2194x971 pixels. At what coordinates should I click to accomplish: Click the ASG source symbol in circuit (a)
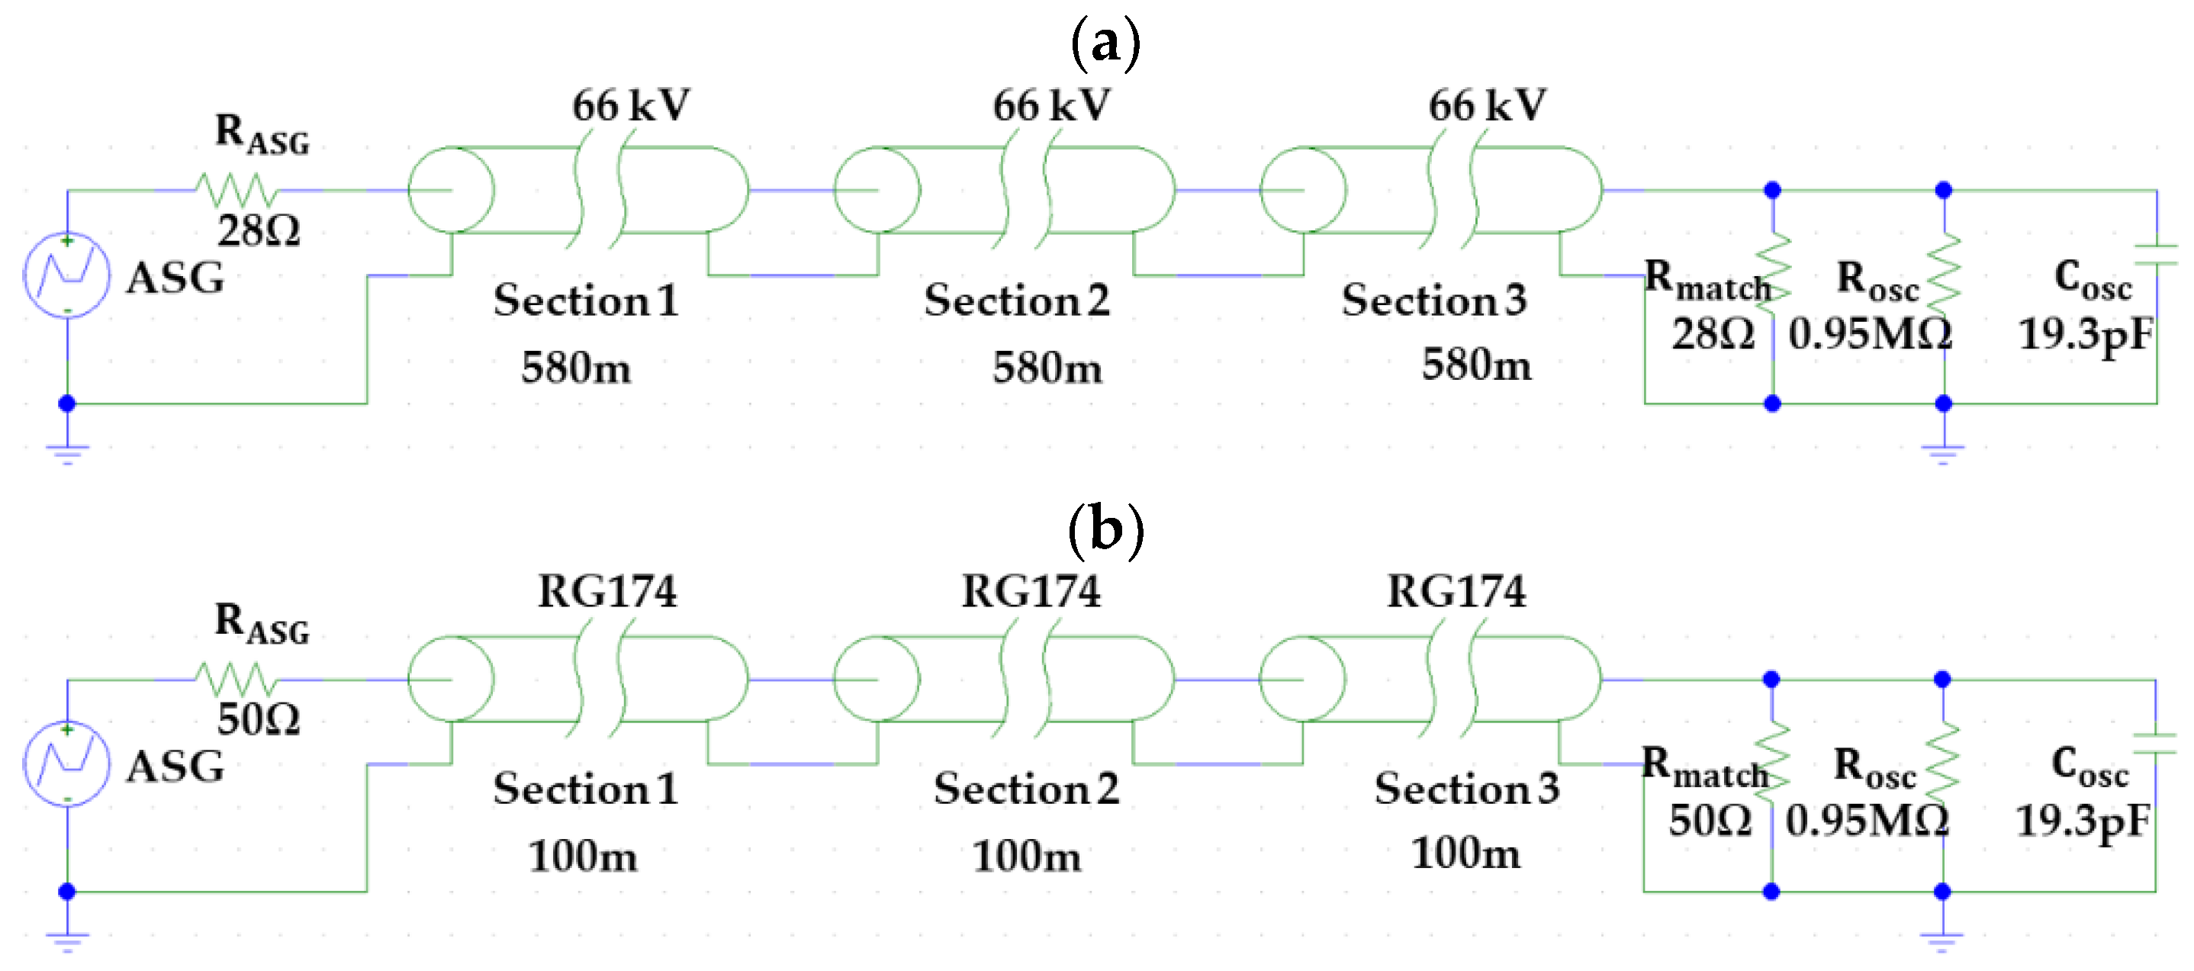click(66, 275)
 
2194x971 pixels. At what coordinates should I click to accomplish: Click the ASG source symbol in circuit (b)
click(66, 764)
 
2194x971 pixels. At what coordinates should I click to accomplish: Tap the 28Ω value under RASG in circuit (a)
click(259, 231)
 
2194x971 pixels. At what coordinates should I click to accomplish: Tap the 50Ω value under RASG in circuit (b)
click(259, 720)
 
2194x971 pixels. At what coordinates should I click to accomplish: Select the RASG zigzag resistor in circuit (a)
click(235, 189)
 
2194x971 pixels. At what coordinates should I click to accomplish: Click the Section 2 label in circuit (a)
click(1017, 300)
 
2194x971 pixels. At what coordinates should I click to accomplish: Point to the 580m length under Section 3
click(1476, 365)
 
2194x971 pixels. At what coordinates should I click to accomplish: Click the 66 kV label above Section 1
click(630, 105)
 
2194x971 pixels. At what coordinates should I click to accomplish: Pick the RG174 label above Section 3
click(1456, 591)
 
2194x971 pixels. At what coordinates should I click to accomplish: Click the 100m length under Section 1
click(583, 855)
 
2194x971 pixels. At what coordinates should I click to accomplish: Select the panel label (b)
click(1105, 530)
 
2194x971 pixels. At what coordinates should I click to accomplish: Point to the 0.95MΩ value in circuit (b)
click(1867, 820)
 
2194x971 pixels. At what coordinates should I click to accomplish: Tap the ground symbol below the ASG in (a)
click(66, 452)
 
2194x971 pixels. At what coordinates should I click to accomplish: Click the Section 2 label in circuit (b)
click(1025, 789)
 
